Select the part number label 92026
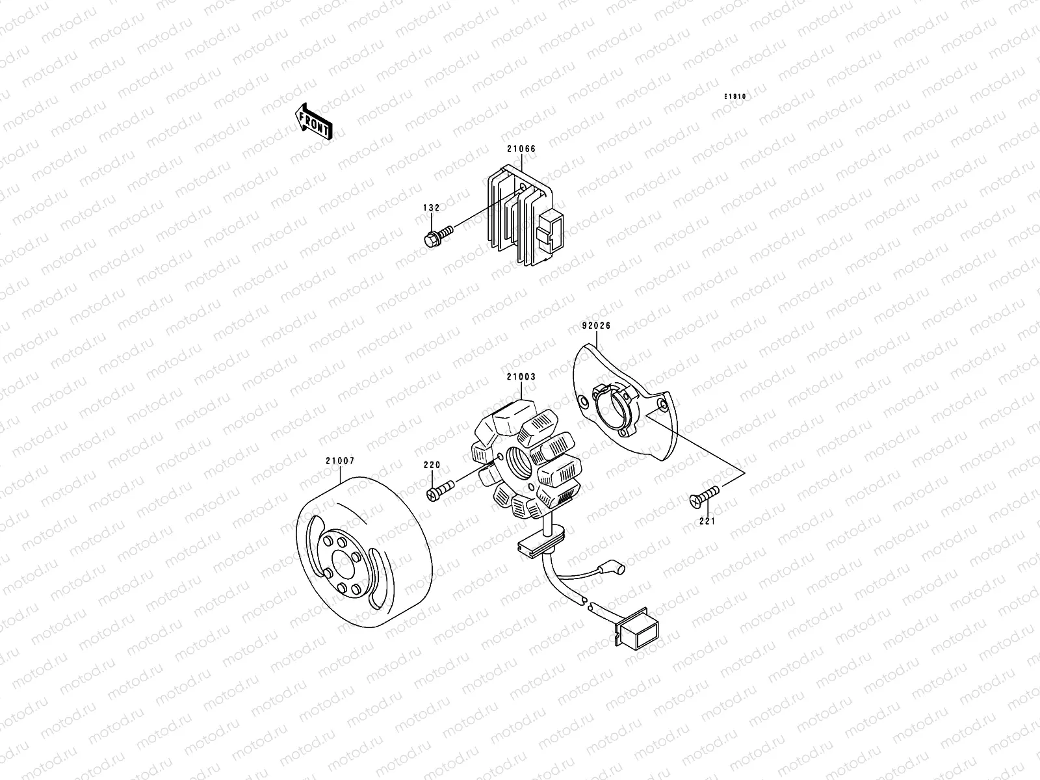tap(596, 326)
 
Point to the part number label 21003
tap(521, 377)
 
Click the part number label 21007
tap(340, 461)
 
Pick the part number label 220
tap(432, 465)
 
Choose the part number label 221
tap(707, 520)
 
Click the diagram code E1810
tap(736, 97)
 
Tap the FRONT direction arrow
tap(315, 122)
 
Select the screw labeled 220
tap(439, 489)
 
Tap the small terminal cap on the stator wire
tap(617, 569)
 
